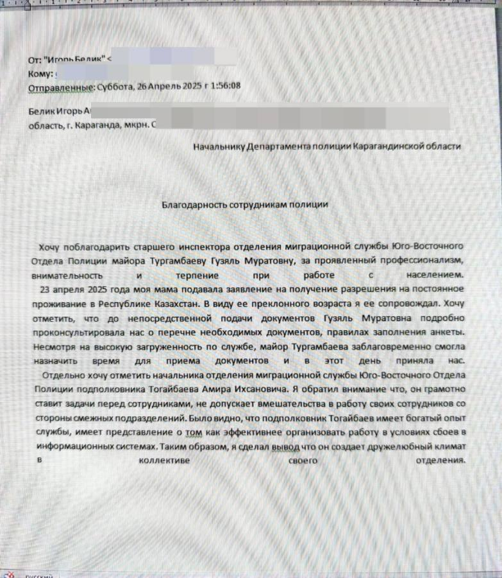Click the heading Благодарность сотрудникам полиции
pyautogui.click(x=245, y=204)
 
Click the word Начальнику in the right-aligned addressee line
pyautogui.click(x=219, y=146)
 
